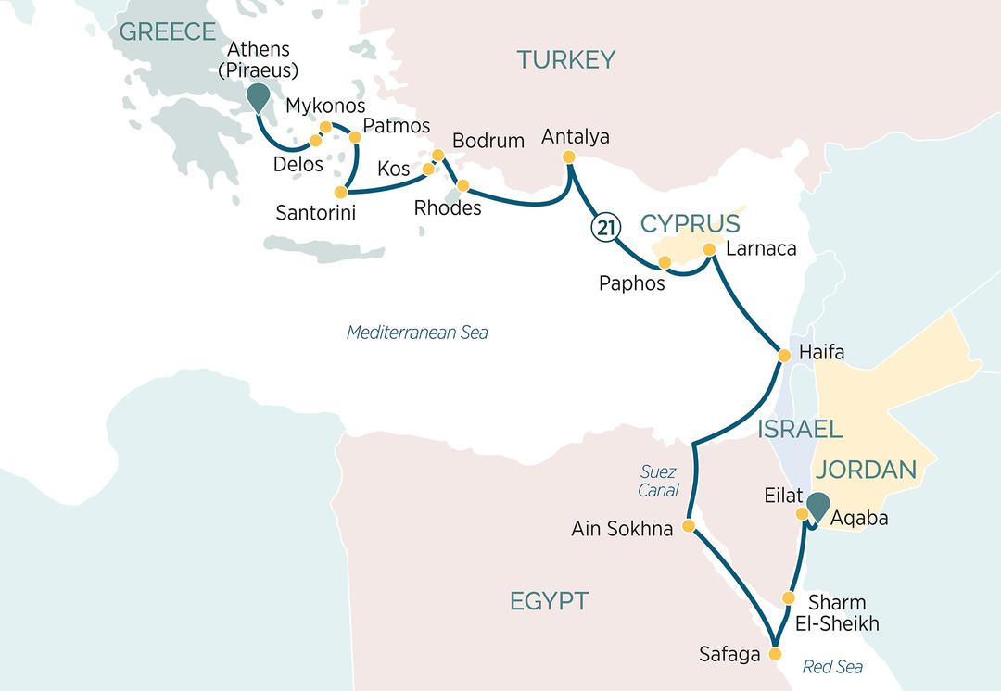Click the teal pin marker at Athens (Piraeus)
coord(256,95)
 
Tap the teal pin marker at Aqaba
coord(817,506)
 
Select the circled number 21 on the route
coord(602,228)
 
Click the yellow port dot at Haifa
coord(782,355)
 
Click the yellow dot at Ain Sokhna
coord(688,526)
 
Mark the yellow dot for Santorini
coord(340,193)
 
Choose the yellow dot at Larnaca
coord(709,249)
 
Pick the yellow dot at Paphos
coord(665,262)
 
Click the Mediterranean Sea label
coord(417,333)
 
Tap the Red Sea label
coord(831,667)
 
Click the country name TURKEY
coord(565,60)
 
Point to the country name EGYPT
coord(549,601)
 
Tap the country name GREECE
coord(168,31)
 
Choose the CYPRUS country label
coord(691,223)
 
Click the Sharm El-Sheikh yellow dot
coord(789,597)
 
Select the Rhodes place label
coord(448,207)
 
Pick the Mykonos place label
coord(325,106)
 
